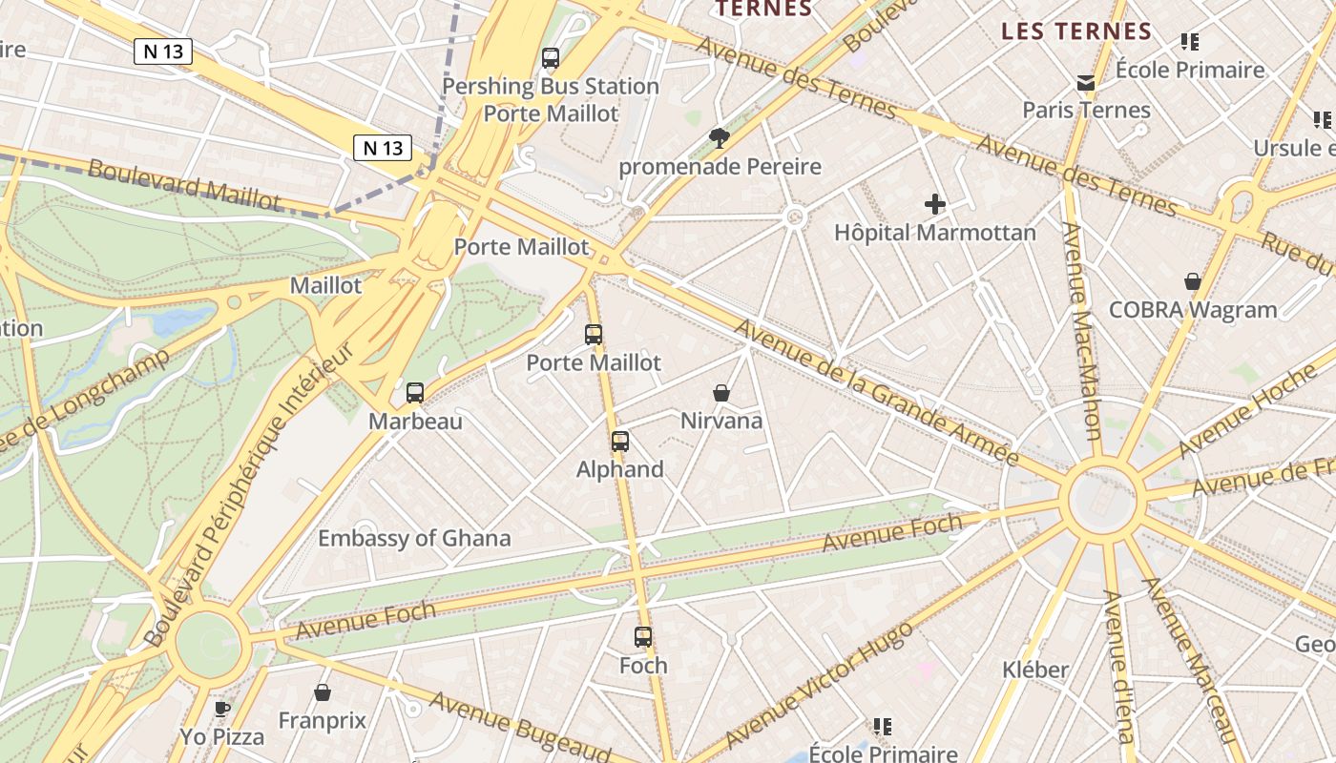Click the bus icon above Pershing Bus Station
551,58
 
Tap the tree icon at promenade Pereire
720,139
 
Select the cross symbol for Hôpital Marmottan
935,203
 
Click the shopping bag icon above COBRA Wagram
1193,281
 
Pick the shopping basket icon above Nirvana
721,393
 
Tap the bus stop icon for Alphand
620,442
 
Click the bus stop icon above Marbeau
415,393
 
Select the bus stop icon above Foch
643,637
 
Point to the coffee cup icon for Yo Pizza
222,709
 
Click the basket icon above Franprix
323,692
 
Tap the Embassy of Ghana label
414,538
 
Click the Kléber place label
1035,670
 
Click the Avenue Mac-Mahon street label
1085,329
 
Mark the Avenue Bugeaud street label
519,727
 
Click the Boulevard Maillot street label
185,184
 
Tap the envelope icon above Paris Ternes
1086,83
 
